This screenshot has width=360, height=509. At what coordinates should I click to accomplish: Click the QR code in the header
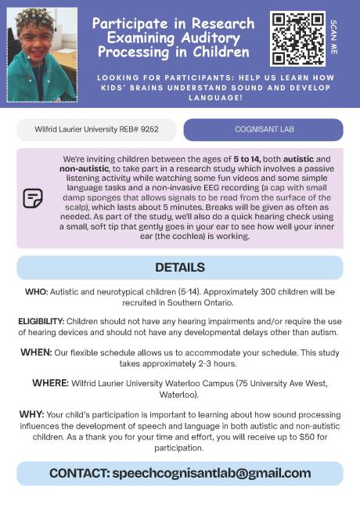(297, 38)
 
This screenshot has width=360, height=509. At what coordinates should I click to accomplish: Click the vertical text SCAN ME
(334, 37)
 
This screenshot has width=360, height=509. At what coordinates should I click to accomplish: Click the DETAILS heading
(180, 267)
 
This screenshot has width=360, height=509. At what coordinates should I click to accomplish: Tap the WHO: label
(37, 291)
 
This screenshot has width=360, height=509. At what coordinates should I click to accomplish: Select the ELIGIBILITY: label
(41, 321)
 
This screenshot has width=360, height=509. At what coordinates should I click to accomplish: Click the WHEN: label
(37, 352)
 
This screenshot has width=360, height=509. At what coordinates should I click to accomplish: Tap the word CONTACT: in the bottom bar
(79, 473)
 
